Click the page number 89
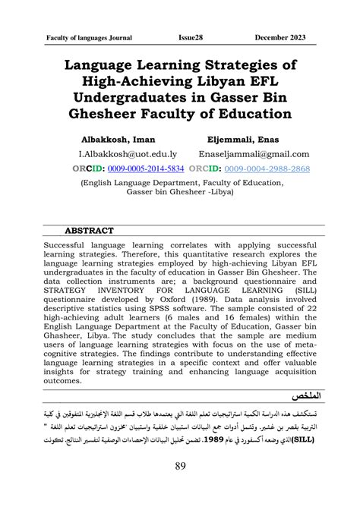(181, 486)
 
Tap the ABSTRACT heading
(90, 231)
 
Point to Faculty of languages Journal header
(90, 36)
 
